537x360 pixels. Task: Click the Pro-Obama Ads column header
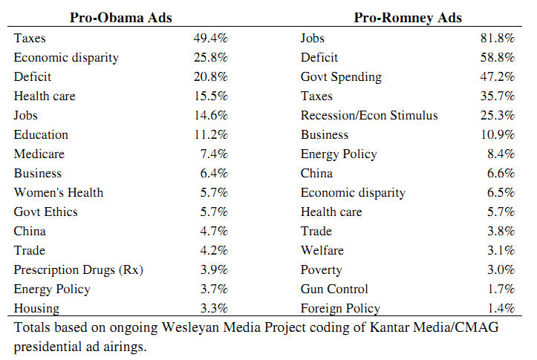click(121, 18)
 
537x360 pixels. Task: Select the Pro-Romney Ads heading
click(408, 18)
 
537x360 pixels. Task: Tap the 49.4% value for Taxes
click(211, 38)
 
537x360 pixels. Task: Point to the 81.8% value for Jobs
click(498, 38)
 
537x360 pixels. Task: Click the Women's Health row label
click(59, 192)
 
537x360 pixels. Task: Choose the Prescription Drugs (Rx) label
click(79, 270)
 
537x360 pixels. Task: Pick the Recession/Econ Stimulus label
click(369, 115)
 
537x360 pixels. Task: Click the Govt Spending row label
click(341, 77)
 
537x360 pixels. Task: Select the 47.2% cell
click(498, 76)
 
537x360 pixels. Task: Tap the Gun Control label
click(334, 289)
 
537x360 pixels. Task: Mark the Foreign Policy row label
click(340, 308)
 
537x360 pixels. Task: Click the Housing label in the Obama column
click(36, 309)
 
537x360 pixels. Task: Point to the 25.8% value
click(211, 57)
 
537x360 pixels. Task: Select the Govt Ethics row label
click(45, 212)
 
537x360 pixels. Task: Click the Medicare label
click(39, 154)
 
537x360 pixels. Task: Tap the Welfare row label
click(322, 250)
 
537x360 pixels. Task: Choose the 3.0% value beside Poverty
click(501, 269)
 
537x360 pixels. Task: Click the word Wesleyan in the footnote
click(190, 327)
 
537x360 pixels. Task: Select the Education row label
click(41, 135)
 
